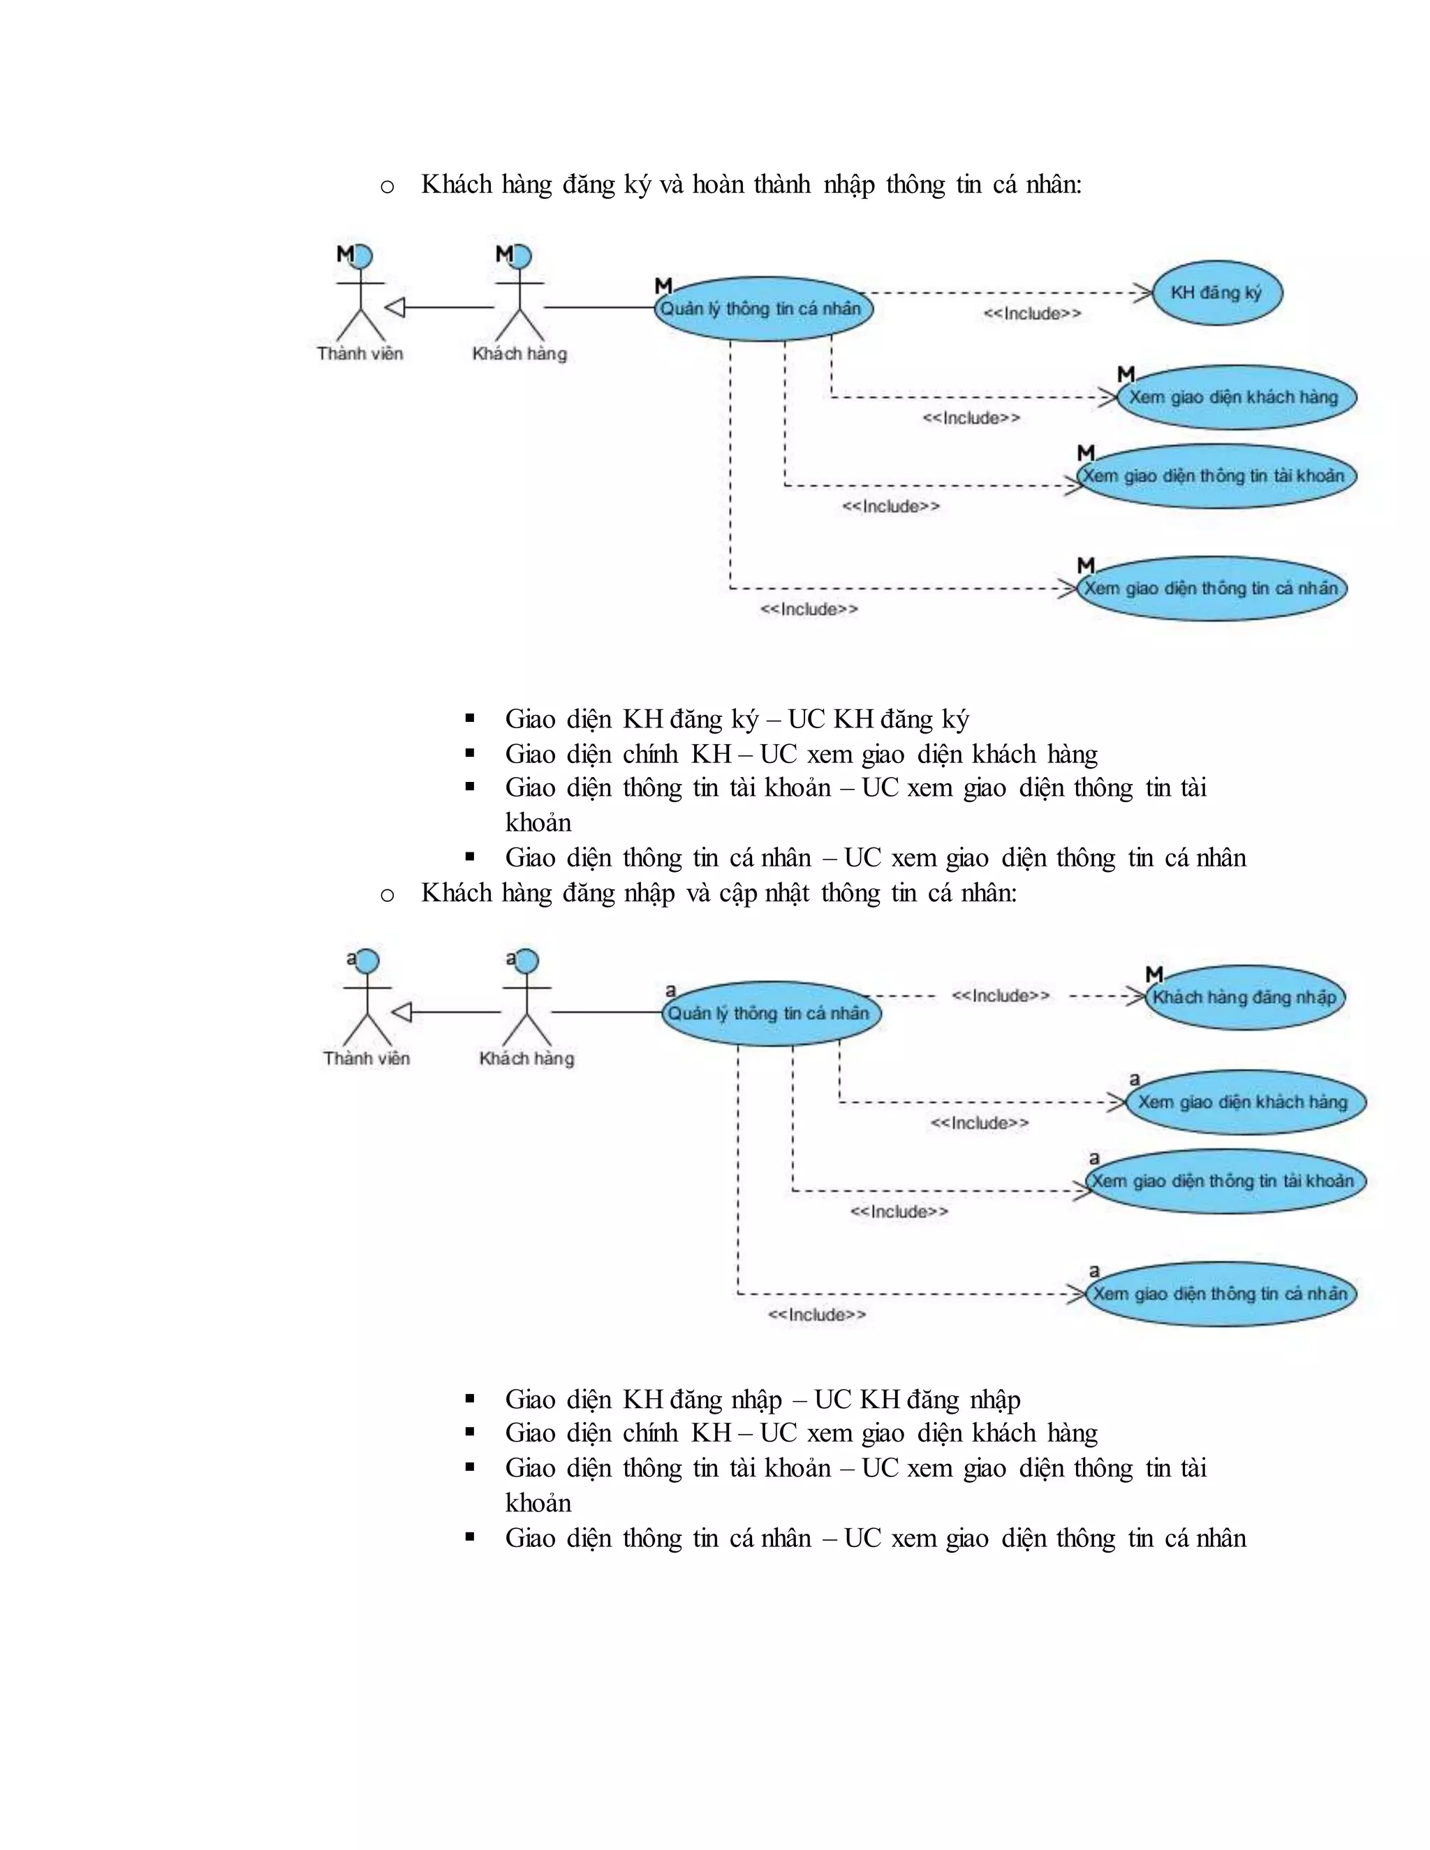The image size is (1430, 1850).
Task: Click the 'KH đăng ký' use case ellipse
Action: (1217, 293)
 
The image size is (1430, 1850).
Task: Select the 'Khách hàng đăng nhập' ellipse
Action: (1244, 998)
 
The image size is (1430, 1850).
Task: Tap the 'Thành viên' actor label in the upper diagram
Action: (360, 354)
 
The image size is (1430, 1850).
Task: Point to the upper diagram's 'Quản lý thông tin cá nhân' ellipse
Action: (762, 309)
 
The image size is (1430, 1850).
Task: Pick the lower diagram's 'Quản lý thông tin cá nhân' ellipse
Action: (770, 1014)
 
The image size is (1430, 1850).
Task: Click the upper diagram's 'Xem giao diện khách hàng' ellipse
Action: (1235, 397)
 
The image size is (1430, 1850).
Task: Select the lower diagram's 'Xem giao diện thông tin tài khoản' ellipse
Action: (1225, 1182)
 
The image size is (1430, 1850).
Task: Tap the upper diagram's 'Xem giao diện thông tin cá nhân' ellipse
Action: (1211, 589)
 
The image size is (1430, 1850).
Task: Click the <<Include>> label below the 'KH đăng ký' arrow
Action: (1032, 314)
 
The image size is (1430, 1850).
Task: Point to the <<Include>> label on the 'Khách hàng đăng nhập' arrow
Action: (1001, 996)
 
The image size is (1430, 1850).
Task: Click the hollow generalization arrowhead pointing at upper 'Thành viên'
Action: (395, 307)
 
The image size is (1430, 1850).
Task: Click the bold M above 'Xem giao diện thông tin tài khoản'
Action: (1086, 453)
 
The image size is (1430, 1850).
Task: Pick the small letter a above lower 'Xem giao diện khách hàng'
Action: (1135, 1079)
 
